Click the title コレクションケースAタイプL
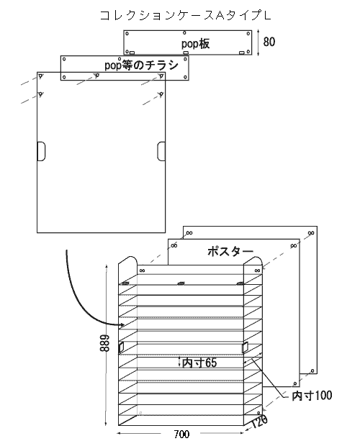pos(186,16)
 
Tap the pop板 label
pos(195,44)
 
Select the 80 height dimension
pos(269,42)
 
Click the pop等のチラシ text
pos(142,65)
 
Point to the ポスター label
pos(230,251)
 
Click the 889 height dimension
pos(104,343)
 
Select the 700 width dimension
pos(181,434)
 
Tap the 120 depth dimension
pos(259,421)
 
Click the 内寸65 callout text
pos(199,363)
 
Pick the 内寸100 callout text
pos(312,396)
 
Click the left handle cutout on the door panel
pos(41,151)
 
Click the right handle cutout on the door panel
pos(161,151)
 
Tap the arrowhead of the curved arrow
pos(122,325)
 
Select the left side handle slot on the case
pos(121,347)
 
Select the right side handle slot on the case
pos(245,347)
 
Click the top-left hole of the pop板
pos(127,34)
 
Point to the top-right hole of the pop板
pos(248,34)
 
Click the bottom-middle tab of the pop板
pos(186,53)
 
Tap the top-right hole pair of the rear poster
pos(311,233)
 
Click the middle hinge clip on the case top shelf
pos(181,283)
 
